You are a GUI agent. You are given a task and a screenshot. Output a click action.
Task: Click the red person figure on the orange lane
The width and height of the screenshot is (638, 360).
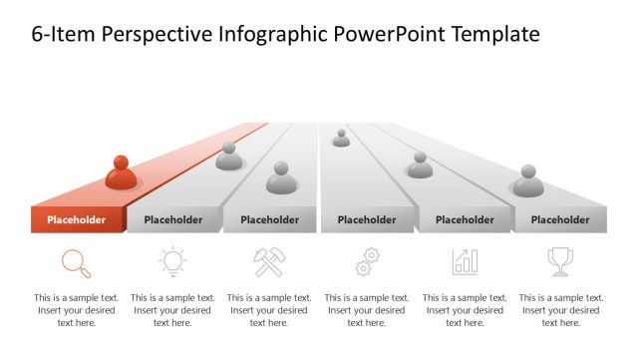coord(121,174)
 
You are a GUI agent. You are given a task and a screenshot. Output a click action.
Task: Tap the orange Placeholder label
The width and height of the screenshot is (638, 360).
coord(76,220)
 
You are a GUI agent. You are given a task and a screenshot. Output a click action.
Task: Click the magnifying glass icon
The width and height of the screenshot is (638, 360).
coord(76,262)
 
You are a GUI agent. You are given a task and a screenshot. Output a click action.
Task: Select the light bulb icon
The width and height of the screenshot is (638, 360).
coord(172,262)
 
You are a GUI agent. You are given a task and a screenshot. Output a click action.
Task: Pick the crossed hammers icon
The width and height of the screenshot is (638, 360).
coord(269,262)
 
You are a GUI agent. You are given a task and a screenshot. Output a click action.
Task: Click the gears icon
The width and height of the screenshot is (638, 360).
coord(367,262)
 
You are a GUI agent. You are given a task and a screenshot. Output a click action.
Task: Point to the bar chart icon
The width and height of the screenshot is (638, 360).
coord(465,262)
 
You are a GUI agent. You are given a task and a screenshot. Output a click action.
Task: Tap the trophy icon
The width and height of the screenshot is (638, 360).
coord(560,262)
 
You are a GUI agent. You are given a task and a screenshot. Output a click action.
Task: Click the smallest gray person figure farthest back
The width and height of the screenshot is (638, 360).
coord(341,138)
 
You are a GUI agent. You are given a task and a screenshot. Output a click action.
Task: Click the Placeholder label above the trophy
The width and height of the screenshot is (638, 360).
coord(560,220)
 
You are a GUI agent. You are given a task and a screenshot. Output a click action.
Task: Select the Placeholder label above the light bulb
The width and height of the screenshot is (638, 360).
coord(172,220)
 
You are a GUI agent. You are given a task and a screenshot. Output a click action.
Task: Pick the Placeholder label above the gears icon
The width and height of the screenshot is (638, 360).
coord(366,220)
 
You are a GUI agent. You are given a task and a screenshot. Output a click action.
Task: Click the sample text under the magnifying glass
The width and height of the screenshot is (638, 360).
coord(76,310)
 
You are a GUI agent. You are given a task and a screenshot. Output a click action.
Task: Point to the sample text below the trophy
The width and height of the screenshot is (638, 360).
coord(560,310)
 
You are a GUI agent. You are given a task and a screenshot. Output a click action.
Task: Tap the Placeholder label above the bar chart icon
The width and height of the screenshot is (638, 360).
coord(465,220)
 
